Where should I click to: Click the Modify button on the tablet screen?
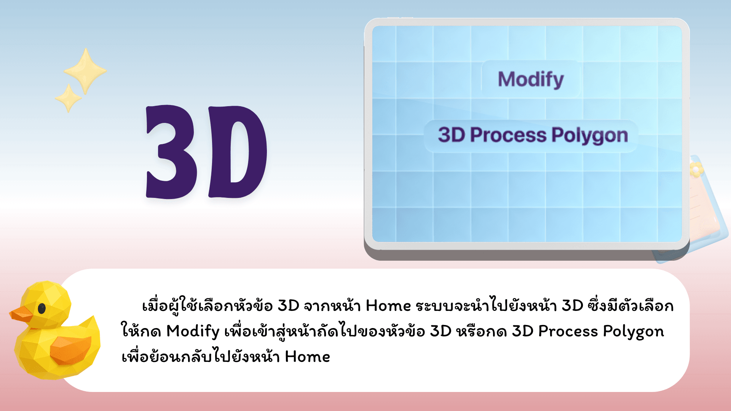tap(531, 79)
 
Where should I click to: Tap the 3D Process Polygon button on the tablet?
tap(531, 136)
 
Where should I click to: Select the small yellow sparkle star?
tap(69, 98)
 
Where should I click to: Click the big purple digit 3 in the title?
tap(171, 151)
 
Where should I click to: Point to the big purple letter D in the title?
tap(238, 152)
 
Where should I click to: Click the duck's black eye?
tap(42, 308)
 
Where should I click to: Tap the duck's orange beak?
tap(21, 314)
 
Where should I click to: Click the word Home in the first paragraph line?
tap(388, 306)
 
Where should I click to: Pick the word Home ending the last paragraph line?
tap(307, 357)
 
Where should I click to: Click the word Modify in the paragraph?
tap(193, 332)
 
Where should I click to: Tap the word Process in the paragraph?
tap(568, 331)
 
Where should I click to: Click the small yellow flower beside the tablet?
tap(695, 169)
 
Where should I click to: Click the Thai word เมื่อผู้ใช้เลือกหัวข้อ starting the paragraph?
tap(207, 305)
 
